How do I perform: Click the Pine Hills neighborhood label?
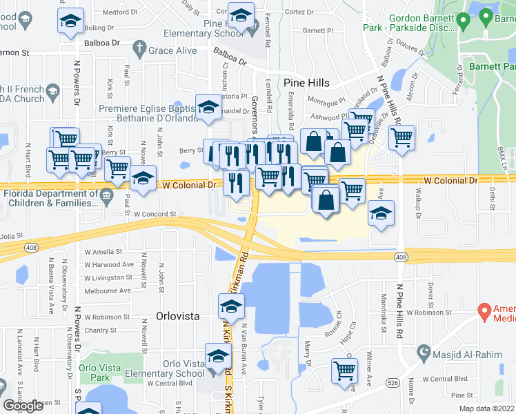tap(306, 83)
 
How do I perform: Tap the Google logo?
tap(23, 406)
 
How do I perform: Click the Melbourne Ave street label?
tap(108, 290)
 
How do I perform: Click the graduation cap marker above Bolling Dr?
tap(70, 21)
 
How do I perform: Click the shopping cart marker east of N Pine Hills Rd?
tap(401, 137)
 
